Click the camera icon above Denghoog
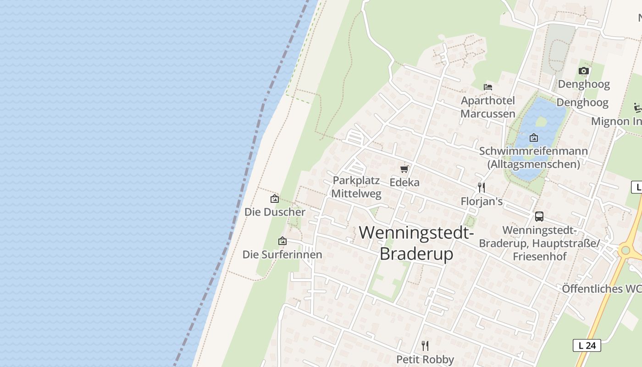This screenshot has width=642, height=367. (x=583, y=71)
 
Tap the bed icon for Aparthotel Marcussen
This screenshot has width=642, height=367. (x=488, y=87)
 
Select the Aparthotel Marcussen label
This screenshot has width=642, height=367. (x=488, y=107)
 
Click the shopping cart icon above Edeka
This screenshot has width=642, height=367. (x=404, y=169)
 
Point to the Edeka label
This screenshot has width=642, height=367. (x=404, y=182)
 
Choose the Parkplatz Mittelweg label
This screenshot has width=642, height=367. (x=356, y=187)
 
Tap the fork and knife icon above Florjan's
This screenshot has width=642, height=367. (x=481, y=187)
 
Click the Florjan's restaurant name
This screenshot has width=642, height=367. (x=481, y=201)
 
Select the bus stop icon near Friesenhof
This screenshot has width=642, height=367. (x=539, y=217)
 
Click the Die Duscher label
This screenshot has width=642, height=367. (x=275, y=212)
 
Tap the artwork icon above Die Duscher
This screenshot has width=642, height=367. (x=275, y=199)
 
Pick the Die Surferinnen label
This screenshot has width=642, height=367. (x=282, y=254)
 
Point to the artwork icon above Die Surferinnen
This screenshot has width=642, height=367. (x=282, y=241)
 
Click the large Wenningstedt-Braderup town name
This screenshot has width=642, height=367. (x=416, y=243)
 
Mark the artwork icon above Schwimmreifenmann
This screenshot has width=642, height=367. (x=534, y=137)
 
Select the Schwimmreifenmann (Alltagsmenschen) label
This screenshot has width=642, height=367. (x=533, y=157)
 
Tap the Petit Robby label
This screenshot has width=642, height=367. (x=425, y=359)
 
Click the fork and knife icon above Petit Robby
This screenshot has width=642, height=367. (x=425, y=345)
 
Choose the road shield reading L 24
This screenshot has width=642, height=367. (x=587, y=345)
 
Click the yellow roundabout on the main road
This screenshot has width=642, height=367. (x=625, y=250)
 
